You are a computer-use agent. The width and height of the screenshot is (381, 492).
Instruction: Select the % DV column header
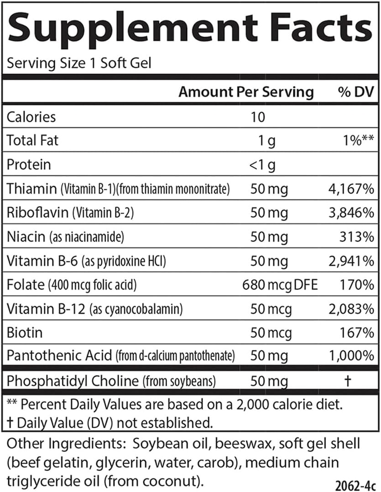tap(355, 92)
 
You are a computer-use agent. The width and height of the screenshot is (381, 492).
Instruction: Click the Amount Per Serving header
tap(246, 92)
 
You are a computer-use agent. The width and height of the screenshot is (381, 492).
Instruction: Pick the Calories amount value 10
tap(258, 117)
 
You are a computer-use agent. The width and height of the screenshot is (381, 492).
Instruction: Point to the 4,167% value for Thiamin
tap(350, 189)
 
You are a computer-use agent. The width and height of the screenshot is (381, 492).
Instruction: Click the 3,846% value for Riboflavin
tap(350, 213)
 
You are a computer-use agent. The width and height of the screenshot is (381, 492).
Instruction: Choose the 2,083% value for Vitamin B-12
tap(350, 309)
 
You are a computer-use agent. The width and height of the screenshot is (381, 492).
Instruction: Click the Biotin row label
tap(25, 332)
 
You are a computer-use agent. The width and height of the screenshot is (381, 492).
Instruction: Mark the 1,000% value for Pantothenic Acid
tap(350, 356)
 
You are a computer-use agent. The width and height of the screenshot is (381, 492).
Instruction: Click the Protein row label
tap(29, 165)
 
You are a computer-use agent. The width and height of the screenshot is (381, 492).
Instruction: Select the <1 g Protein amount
tap(262, 165)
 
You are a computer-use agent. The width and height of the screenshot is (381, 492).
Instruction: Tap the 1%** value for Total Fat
tap(356, 141)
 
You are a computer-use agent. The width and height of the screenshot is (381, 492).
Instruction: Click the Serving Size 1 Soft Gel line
tap(79, 63)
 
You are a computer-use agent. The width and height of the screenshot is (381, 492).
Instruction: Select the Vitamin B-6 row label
tap(43, 261)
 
